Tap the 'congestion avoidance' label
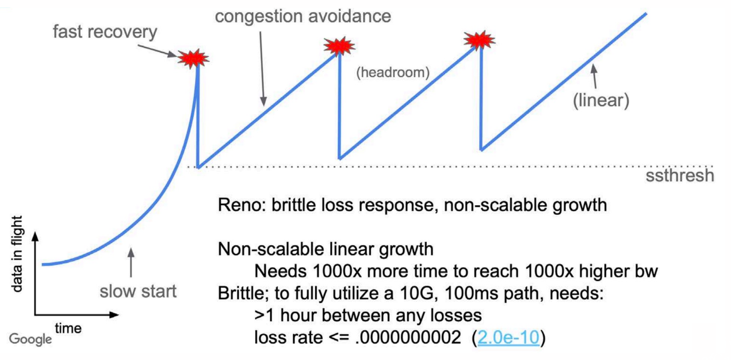(303, 16)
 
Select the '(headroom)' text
(393, 73)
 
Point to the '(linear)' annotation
(601, 100)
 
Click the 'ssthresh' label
(680, 176)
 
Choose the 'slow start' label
(138, 291)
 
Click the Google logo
(31, 339)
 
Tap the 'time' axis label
(68, 328)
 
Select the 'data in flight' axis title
(16, 254)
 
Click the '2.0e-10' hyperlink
(508, 337)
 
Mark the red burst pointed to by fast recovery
(193, 58)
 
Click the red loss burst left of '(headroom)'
(339, 46)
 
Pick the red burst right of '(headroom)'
(479, 40)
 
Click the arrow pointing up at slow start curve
(131, 263)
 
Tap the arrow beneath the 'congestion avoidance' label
(262, 68)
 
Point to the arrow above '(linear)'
(595, 76)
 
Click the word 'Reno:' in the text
(242, 206)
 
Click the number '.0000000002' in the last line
(408, 337)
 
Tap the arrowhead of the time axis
(114, 315)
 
